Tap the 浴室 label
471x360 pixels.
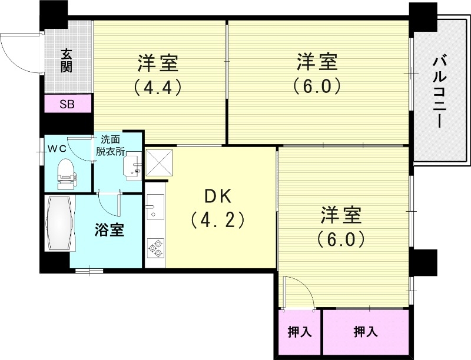pos(110,230)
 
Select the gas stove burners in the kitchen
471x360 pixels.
pos(156,248)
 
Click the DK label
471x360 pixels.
pos(217,196)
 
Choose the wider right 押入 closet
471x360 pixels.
pos(365,332)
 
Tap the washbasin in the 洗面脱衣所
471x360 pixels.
pos(134,165)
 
